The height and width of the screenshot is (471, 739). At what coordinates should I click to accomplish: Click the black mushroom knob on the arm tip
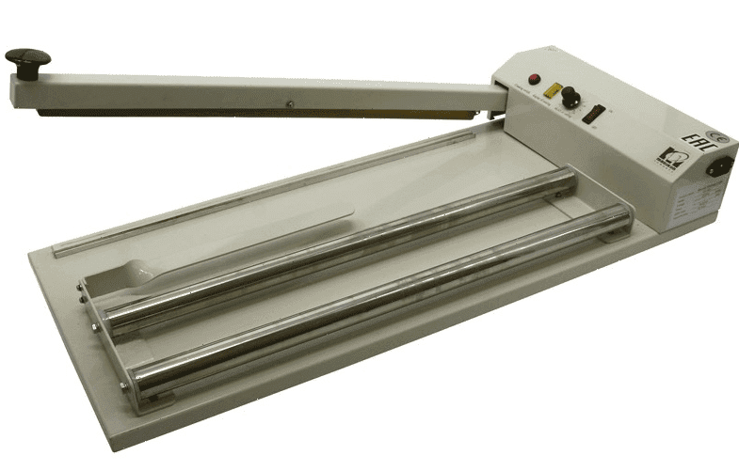pyautogui.click(x=26, y=59)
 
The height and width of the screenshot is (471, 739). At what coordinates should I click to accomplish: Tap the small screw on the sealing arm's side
pyautogui.click(x=291, y=103)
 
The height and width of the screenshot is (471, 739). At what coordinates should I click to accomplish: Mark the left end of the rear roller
pyautogui.click(x=106, y=316)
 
